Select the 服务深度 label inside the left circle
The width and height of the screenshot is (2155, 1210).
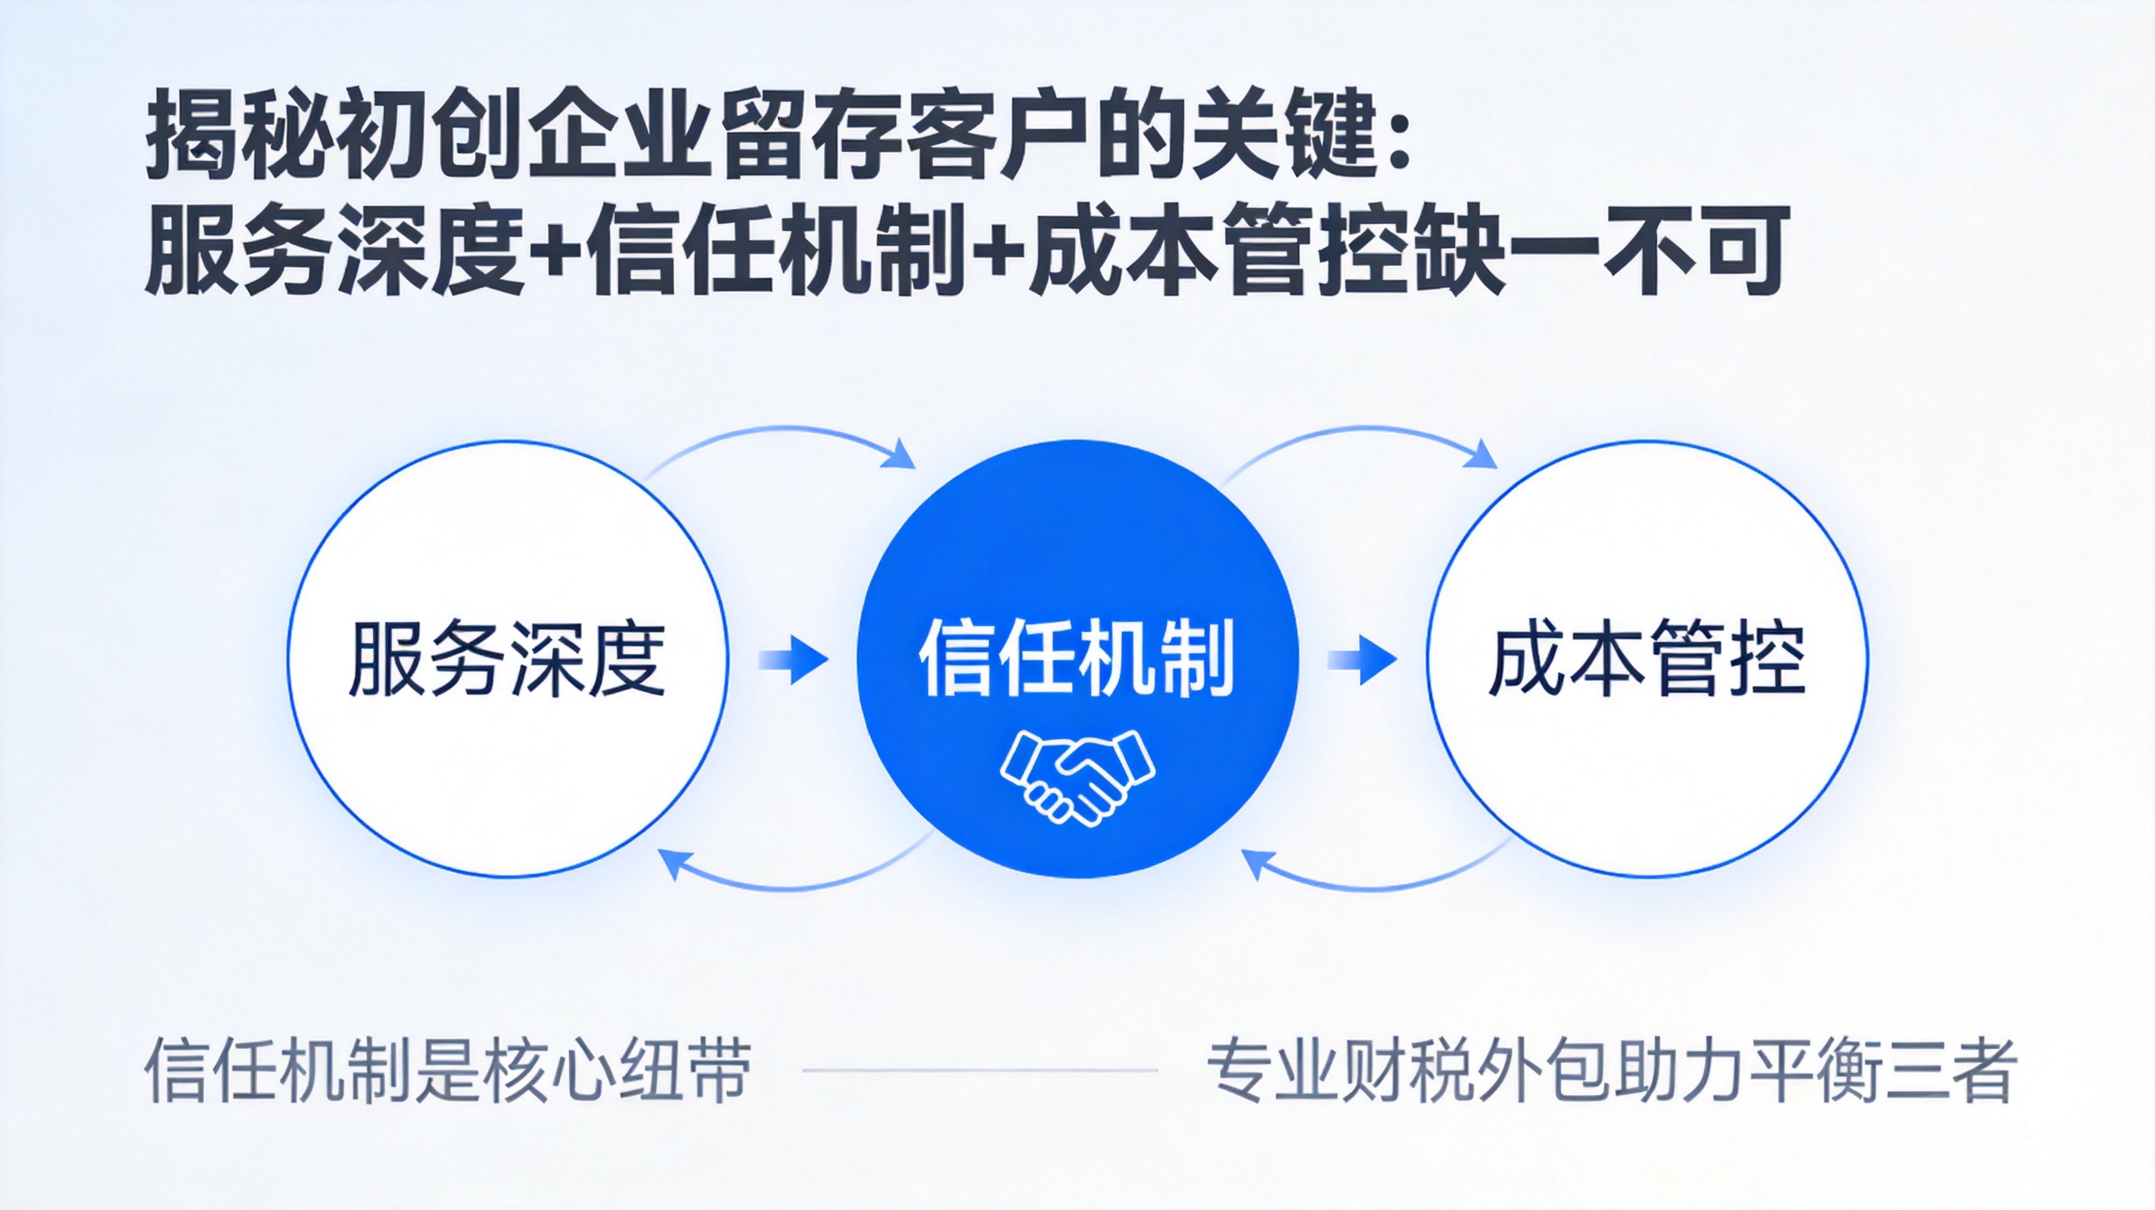tap(507, 658)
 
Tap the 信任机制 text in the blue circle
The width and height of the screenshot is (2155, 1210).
tap(1077, 658)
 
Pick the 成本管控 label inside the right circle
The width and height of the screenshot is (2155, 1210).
tap(1647, 658)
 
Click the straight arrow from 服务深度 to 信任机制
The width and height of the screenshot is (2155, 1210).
tap(793, 659)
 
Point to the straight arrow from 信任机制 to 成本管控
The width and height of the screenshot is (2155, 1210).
tap(1362, 659)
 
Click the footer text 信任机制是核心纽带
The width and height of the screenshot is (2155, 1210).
tap(449, 1071)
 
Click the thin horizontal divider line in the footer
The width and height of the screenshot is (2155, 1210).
tap(980, 1069)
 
